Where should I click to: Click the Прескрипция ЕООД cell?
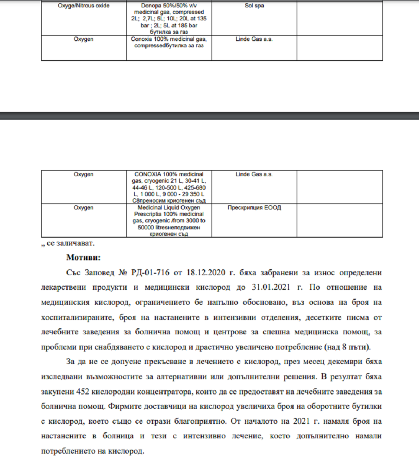click(x=254, y=208)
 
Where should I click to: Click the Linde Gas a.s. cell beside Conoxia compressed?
click(x=254, y=39)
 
